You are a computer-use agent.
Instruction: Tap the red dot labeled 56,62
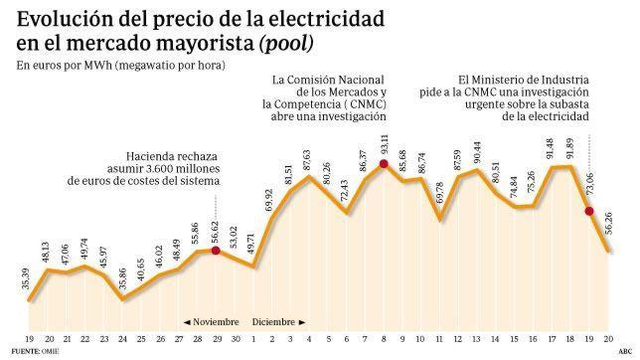217,251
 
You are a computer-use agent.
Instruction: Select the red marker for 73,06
589,211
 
